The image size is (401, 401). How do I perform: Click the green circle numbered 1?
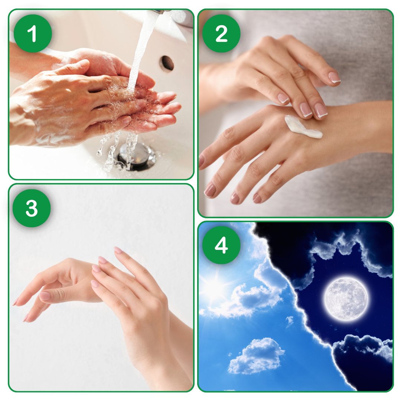[33, 33]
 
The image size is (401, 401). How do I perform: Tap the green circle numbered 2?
[221, 33]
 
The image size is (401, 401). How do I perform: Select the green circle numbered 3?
[32, 208]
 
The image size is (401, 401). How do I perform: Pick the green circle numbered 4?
[221, 245]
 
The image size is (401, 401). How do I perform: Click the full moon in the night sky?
[346, 299]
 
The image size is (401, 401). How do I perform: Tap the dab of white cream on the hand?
[303, 127]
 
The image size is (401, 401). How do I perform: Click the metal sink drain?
[136, 156]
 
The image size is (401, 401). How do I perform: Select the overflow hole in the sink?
[167, 63]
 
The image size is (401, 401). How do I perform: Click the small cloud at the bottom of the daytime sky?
[256, 355]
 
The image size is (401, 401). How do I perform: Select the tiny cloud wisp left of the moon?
[290, 321]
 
